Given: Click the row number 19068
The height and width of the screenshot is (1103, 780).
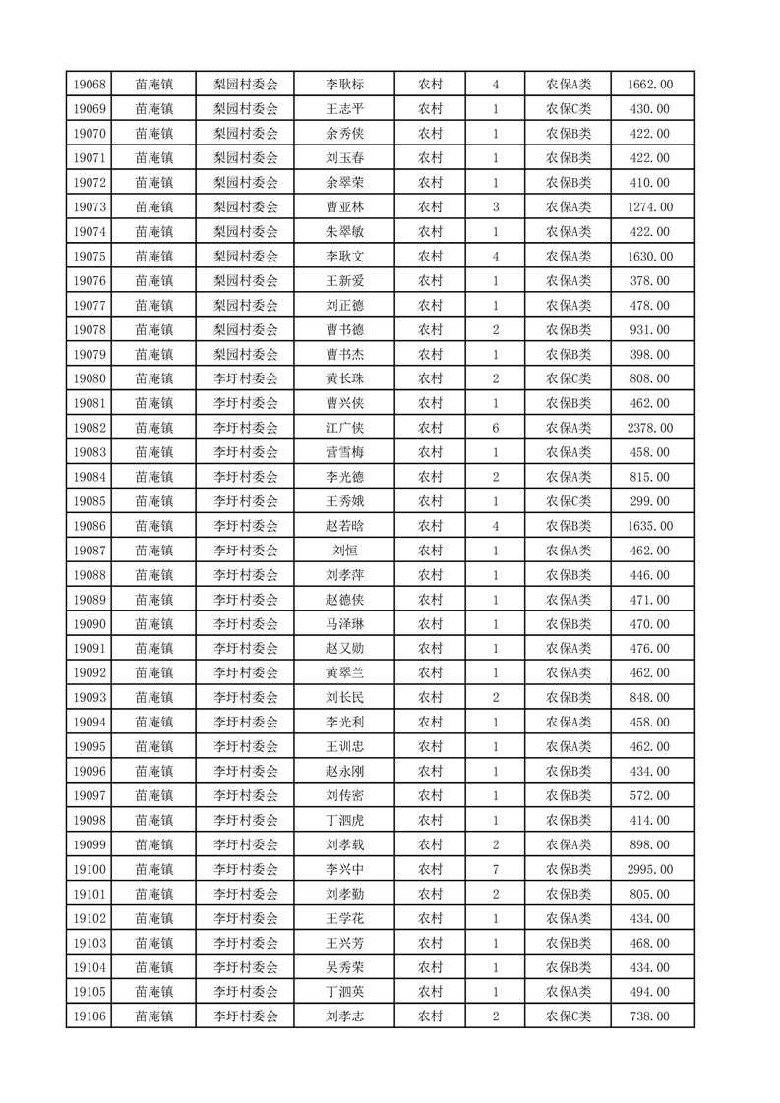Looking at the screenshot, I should pyautogui.click(x=89, y=85).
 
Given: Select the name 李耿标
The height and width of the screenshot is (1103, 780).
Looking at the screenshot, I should pyautogui.click(x=344, y=85).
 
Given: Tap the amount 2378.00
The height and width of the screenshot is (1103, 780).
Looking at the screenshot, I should pyautogui.click(x=649, y=428).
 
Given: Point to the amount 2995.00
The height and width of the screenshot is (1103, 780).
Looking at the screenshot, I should pyautogui.click(x=649, y=869).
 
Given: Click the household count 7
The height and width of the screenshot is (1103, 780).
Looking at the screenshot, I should pyautogui.click(x=495, y=869).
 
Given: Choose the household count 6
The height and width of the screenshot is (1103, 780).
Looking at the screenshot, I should pyautogui.click(x=495, y=428).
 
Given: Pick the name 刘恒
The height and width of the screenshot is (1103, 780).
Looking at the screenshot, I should pyautogui.click(x=344, y=551).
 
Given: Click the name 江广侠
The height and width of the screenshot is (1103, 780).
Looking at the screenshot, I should pyautogui.click(x=344, y=428).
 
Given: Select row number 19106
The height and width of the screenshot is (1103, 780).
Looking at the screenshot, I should pyautogui.click(x=89, y=1016).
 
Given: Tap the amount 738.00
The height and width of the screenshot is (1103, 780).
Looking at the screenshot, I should pyautogui.click(x=649, y=1016).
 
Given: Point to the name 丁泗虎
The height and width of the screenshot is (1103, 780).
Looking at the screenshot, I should pyautogui.click(x=344, y=820).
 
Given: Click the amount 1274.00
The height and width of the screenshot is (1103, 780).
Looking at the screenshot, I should pyautogui.click(x=649, y=207).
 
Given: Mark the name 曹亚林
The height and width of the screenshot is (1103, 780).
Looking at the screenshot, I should pyautogui.click(x=344, y=207).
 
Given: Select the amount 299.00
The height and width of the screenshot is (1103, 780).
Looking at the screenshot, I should pyautogui.click(x=649, y=501).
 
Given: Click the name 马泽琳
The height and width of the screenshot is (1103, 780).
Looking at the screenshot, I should pyautogui.click(x=344, y=624).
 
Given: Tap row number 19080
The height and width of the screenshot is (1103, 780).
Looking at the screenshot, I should pyautogui.click(x=89, y=378).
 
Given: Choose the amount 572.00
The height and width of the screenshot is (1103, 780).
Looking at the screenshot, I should pyautogui.click(x=649, y=795).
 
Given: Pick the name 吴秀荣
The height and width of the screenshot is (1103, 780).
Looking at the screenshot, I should pyautogui.click(x=344, y=967).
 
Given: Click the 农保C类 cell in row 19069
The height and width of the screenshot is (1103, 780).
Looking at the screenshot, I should pyautogui.click(x=569, y=109).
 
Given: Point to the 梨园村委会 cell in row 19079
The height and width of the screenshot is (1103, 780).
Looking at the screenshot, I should pyautogui.click(x=246, y=354).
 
